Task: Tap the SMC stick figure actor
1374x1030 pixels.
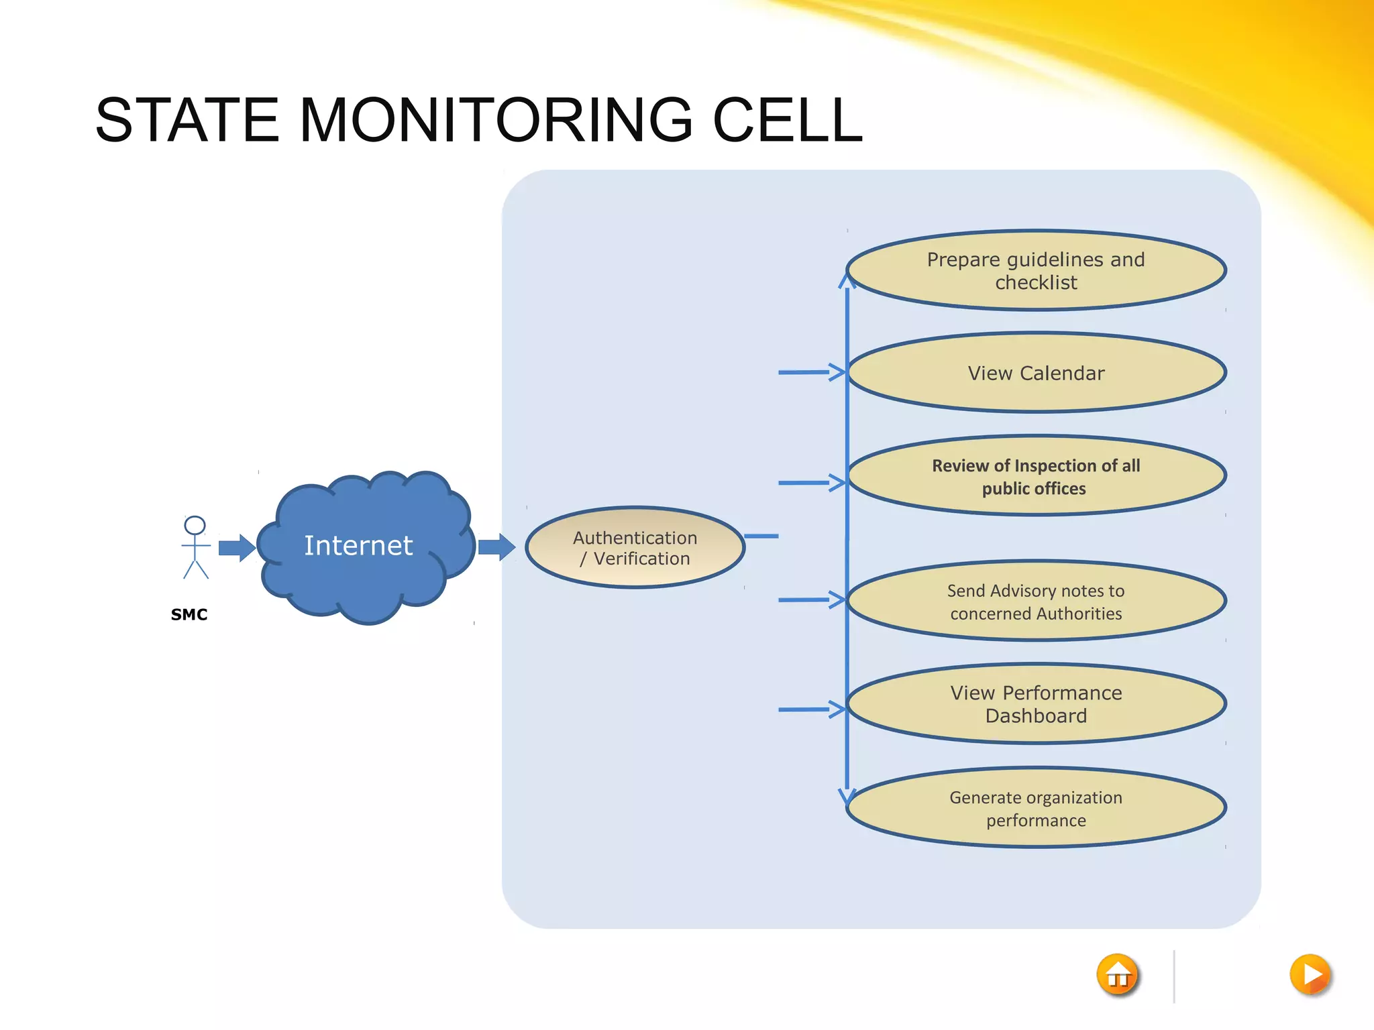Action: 195,547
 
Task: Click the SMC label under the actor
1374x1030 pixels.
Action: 189,614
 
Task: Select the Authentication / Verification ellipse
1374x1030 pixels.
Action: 635,548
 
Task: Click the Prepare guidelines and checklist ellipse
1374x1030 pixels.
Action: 1036,270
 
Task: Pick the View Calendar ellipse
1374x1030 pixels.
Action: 1036,373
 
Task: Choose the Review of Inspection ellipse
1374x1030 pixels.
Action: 1036,477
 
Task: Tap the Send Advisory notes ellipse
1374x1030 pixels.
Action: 1036,602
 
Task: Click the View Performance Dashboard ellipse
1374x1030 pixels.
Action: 1036,704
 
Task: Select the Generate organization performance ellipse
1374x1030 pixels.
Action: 1036,808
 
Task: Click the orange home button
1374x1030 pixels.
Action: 1118,975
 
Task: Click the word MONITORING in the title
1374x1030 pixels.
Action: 496,121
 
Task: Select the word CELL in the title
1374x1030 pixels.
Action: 786,121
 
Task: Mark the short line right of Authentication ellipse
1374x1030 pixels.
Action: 761,536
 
